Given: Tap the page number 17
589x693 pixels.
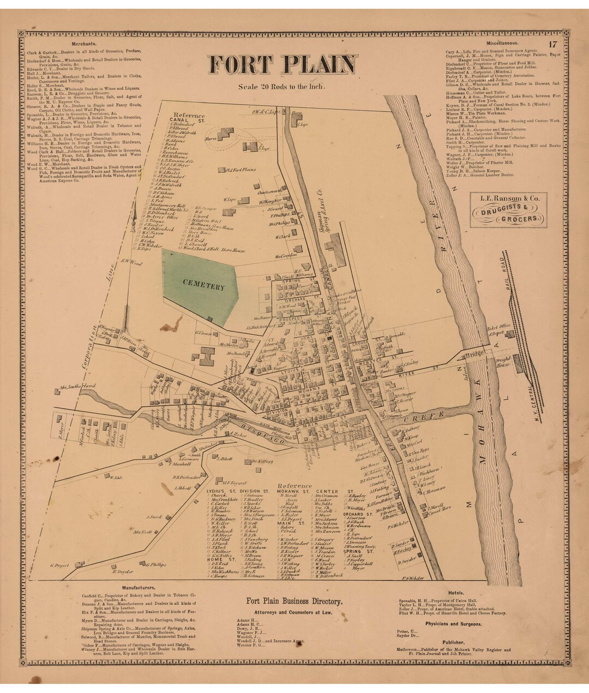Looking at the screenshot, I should (552, 45).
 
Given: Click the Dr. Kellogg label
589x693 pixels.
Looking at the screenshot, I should (262, 461).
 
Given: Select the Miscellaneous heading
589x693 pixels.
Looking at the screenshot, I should (502, 43).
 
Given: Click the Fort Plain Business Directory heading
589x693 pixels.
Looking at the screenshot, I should (294, 602).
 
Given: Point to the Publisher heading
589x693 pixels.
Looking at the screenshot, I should (454, 643).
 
